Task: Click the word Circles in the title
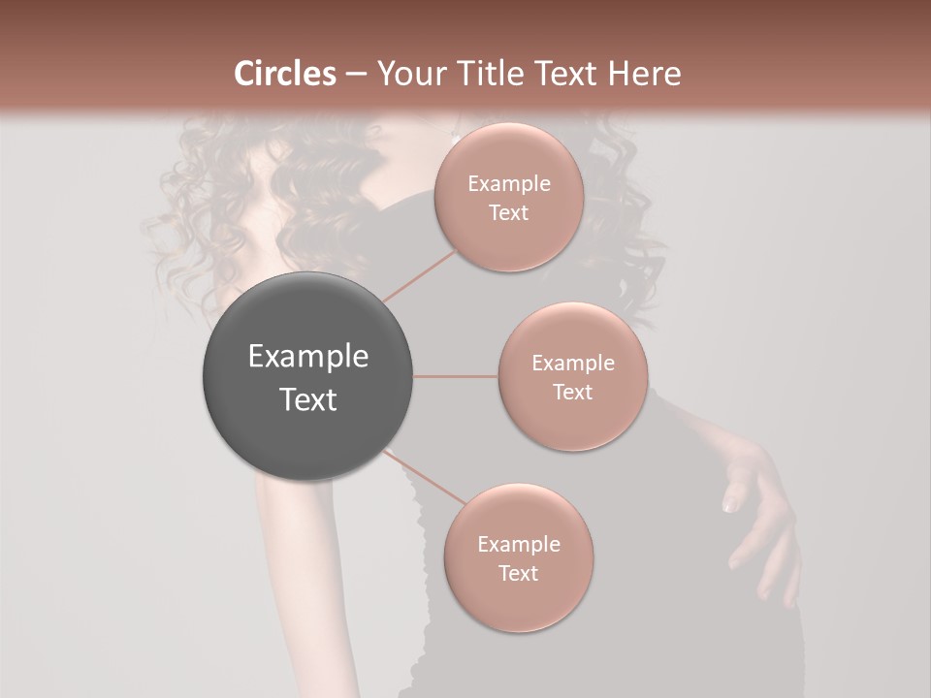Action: [x=285, y=74]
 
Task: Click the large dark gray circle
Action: [x=307, y=376]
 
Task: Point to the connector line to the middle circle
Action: [x=455, y=376]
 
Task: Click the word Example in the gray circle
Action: [x=308, y=357]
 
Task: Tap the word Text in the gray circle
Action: [x=308, y=399]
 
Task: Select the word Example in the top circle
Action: [x=509, y=184]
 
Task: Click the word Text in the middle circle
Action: [x=572, y=392]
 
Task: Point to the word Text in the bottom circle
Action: [x=518, y=573]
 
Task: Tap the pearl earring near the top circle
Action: [x=455, y=139]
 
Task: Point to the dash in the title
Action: [x=356, y=74]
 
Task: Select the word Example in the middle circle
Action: [x=572, y=364]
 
